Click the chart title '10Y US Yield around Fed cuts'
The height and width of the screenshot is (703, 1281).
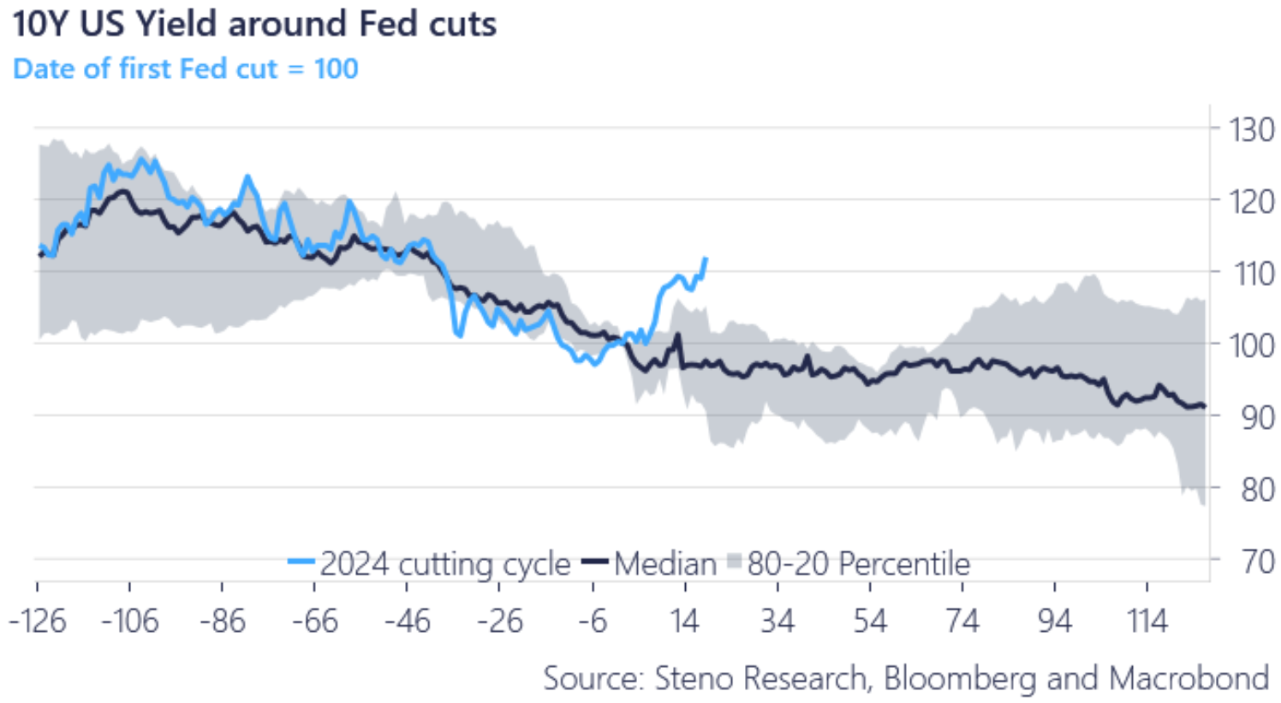(x=254, y=23)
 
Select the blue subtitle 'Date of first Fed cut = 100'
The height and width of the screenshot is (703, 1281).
(x=185, y=69)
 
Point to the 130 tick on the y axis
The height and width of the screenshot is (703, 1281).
(x=1251, y=130)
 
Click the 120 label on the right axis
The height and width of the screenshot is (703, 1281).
(x=1251, y=202)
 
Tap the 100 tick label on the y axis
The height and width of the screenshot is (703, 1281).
(x=1251, y=346)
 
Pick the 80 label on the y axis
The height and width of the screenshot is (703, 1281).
(x=1257, y=490)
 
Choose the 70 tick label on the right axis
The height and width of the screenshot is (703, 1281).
(x=1257, y=562)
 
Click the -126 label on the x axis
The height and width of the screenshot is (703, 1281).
(x=38, y=621)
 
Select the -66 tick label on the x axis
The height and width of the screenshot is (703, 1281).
(x=314, y=621)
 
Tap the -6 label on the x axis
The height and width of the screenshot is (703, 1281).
(x=593, y=621)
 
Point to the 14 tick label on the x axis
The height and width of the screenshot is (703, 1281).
(x=685, y=621)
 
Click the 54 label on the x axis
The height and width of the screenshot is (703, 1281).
(x=870, y=621)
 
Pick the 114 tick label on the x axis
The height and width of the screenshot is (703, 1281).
(x=1147, y=621)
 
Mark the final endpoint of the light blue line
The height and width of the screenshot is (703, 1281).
(x=706, y=259)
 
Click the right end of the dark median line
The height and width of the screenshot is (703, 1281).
(x=1205, y=406)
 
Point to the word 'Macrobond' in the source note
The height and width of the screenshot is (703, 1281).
(x=1189, y=678)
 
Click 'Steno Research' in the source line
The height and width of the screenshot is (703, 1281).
(x=761, y=678)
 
